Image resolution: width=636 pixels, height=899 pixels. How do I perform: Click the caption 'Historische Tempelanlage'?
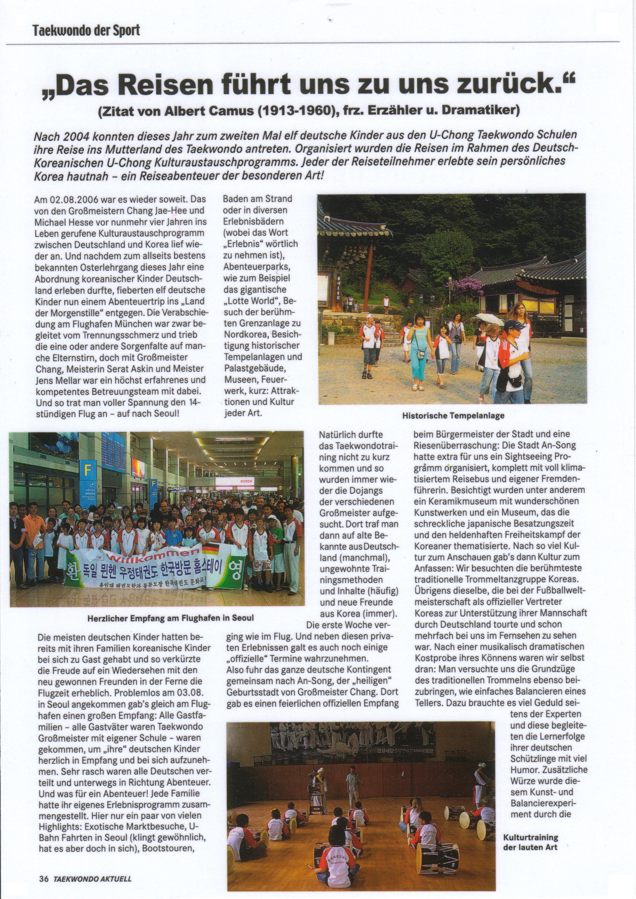click(453, 415)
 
